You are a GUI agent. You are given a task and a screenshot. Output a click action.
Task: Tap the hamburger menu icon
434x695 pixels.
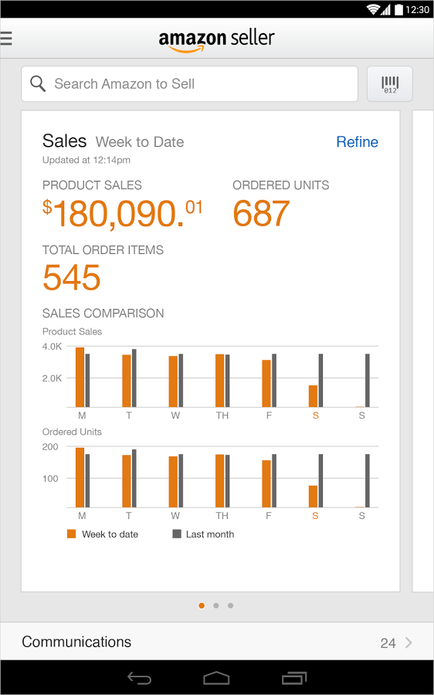6,38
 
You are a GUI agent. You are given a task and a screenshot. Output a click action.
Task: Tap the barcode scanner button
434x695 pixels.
390,83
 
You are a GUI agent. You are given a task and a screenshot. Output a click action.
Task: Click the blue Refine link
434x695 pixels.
357,142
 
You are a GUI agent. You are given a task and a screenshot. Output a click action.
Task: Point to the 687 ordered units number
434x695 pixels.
261,214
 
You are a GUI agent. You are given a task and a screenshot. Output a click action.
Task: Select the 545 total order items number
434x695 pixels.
72,278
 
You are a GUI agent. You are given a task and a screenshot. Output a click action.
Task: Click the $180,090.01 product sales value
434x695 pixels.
123,214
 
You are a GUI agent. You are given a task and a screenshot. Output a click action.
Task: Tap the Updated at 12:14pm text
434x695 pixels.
86,160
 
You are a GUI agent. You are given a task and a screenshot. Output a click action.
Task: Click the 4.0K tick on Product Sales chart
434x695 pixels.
53,347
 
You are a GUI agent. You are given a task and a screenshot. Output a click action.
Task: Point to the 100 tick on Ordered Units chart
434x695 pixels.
50,478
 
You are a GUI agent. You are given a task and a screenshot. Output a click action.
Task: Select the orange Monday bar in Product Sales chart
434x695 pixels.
80,377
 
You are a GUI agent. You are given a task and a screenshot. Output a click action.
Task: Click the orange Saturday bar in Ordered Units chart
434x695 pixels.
313,496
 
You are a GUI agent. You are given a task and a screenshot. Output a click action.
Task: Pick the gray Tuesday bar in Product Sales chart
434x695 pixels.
134,378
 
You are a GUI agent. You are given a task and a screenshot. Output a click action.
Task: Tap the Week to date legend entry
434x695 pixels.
103,534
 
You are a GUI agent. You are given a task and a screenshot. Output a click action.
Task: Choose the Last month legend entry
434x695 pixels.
203,534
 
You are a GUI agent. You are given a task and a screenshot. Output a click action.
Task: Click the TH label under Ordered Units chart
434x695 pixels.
222,515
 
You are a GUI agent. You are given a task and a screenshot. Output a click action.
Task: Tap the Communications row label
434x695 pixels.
76,642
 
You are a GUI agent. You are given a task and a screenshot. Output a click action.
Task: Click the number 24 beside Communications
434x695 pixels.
388,642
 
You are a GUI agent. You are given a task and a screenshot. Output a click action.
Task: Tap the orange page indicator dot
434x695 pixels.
202,605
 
